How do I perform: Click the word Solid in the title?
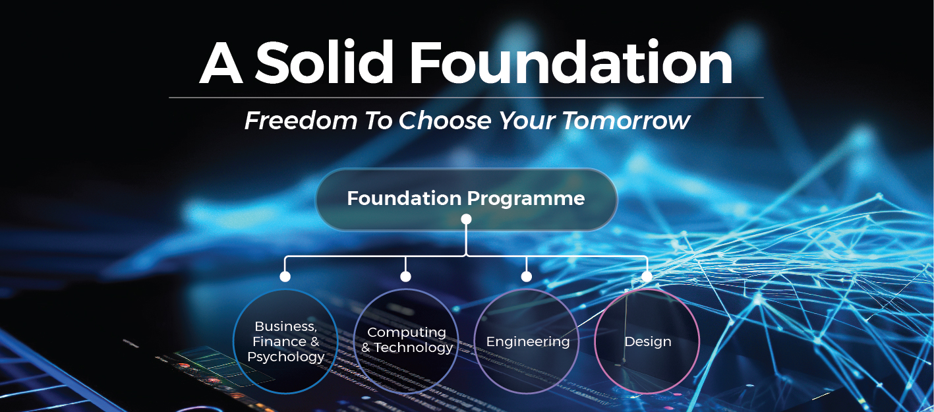pos(324,62)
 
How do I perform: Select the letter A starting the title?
pos(221,63)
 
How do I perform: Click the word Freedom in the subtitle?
pos(301,121)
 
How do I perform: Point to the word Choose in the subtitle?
pos(446,121)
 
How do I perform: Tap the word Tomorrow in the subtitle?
pos(626,121)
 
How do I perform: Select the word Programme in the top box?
pos(525,199)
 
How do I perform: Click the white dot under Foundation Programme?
pos(466,220)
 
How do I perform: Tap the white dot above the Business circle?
pos(285,276)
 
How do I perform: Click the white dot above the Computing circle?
pos(406,276)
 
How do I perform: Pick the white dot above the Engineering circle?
pos(527,276)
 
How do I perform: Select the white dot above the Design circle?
pos(647,276)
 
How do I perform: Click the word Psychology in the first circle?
pos(285,357)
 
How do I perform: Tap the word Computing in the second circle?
pos(407,333)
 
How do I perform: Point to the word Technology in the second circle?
pos(413,347)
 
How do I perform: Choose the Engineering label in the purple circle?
pos(528,342)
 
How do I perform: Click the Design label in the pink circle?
pos(648,341)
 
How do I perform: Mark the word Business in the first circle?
pos(285,326)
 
